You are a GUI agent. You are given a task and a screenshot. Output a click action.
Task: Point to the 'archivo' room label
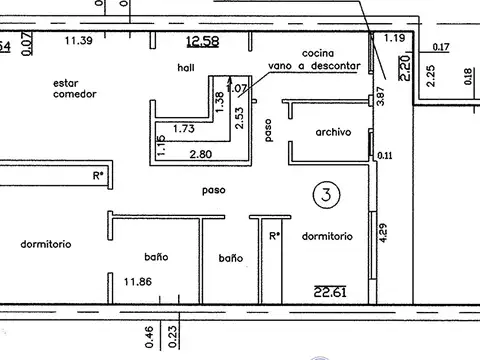click(x=332, y=132)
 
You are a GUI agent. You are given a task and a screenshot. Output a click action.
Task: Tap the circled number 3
click(x=323, y=193)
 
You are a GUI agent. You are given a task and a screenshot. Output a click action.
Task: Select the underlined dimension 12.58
click(x=203, y=41)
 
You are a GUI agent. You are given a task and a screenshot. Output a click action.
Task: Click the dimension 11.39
click(x=79, y=41)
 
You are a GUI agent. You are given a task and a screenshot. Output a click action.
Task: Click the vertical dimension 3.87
click(x=380, y=97)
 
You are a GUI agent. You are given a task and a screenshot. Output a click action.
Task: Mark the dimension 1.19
click(x=394, y=38)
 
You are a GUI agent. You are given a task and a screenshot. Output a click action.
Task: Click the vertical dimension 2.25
click(x=430, y=76)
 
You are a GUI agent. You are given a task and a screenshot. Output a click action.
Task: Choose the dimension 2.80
click(x=202, y=154)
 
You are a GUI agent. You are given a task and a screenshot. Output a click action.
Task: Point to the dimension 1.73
click(x=183, y=129)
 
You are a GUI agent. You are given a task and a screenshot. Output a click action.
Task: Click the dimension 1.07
click(x=237, y=88)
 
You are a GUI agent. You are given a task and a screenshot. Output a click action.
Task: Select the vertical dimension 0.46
click(x=149, y=336)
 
